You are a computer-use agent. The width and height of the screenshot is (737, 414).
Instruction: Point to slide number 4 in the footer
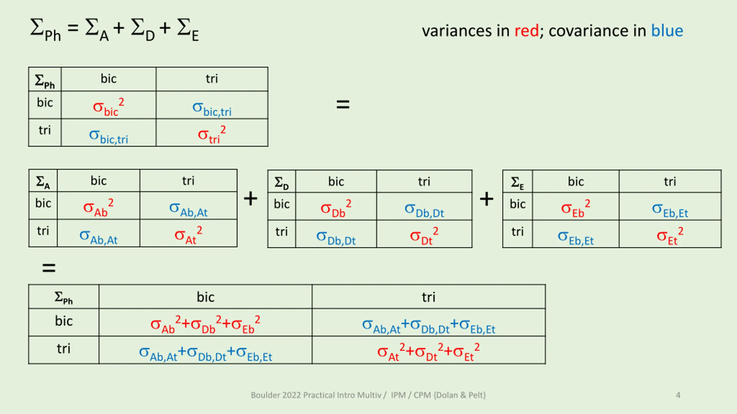pos(678,395)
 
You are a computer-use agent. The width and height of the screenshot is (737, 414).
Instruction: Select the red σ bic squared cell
pos(108,107)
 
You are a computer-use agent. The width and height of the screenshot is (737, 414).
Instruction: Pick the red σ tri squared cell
pos(212,135)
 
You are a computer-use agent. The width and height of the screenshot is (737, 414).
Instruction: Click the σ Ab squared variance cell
pos(98,208)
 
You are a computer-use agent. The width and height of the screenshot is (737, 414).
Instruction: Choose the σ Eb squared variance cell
pos(575,208)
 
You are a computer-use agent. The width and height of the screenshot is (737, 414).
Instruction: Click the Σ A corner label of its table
pos(43,182)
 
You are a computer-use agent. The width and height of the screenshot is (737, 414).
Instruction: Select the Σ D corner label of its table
pos(281,183)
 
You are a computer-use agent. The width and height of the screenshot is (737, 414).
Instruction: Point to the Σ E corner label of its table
pos(517,183)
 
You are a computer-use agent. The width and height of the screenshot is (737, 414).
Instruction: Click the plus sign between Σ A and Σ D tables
pos(250,199)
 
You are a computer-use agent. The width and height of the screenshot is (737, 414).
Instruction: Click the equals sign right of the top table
pos(343,104)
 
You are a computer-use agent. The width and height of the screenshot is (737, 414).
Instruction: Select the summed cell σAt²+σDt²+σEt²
pos(428,352)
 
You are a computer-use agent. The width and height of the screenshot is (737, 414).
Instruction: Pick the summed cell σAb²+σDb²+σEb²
pos(205,324)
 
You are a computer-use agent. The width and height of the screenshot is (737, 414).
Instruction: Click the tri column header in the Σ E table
pos(670,182)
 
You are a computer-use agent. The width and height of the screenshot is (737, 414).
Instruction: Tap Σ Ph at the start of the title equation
pos(45,29)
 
